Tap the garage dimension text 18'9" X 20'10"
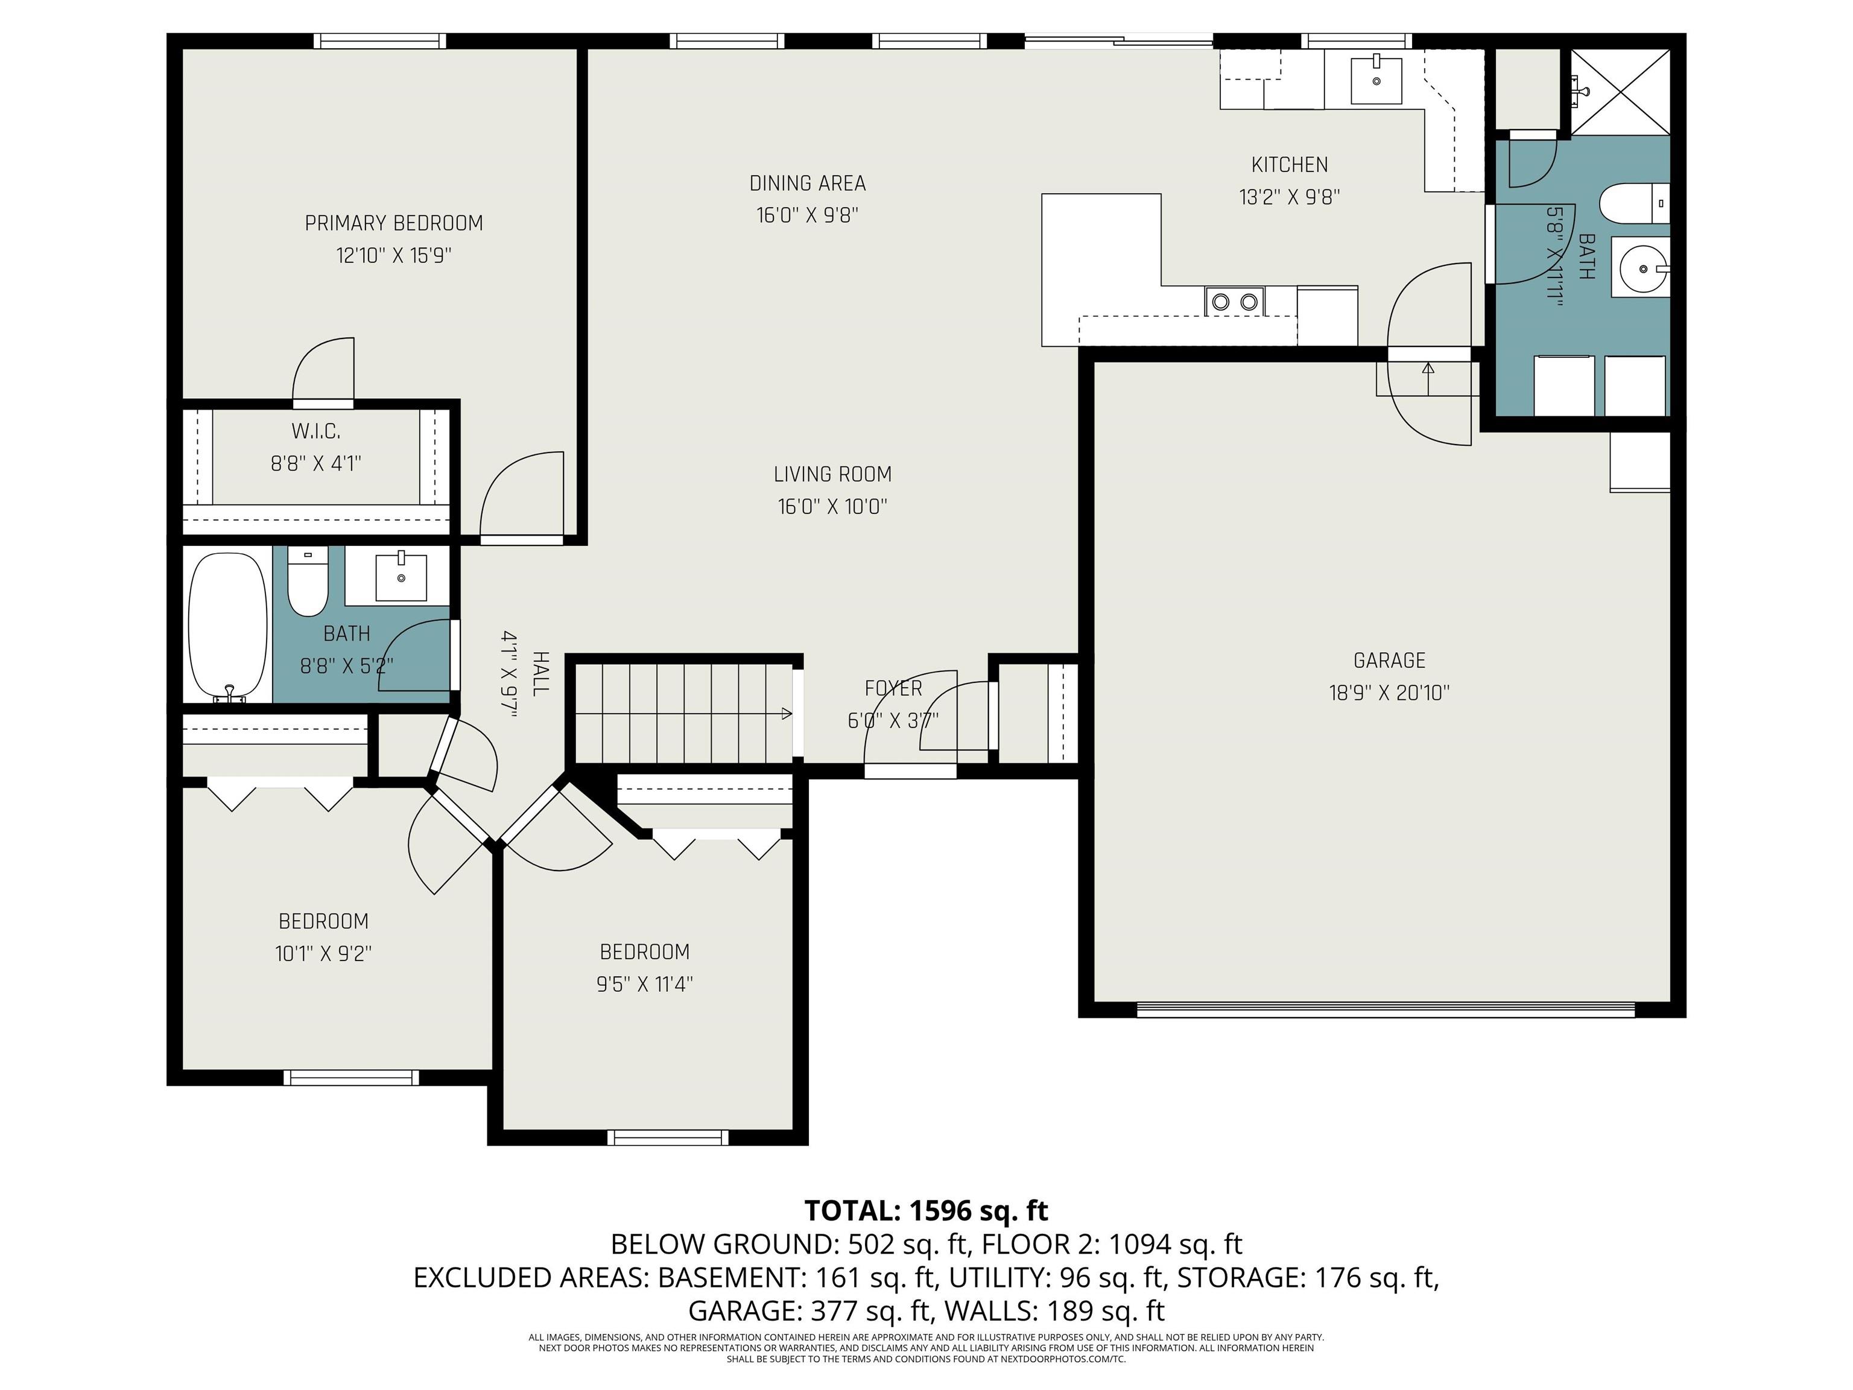pyautogui.click(x=1389, y=693)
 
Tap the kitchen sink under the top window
pyautogui.click(x=1376, y=80)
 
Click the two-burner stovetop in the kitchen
pyautogui.click(x=1235, y=301)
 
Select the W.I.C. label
pyautogui.click(x=316, y=431)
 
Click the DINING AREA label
pyautogui.click(x=808, y=183)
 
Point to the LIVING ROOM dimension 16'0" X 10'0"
pyautogui.click(x=832, y=507)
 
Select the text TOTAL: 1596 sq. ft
pyautogui.click(x=926, y=1211)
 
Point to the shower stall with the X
pyautogui.click(x=1620, y=90)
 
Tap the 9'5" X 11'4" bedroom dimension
pyautogui.click(x=644, y=983)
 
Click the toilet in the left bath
pyautogui.click(x=308, y=582)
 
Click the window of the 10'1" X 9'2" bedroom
pyautogui.click(x=350, y=1077)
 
